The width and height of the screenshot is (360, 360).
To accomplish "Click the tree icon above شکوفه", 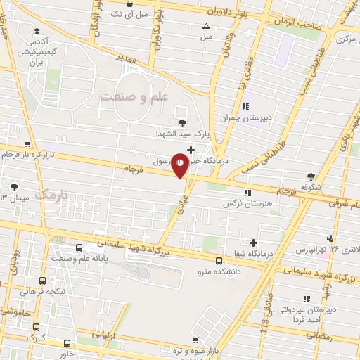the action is (x=311, y=177).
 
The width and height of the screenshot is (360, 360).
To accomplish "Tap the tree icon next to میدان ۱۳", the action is (x=14, y=187).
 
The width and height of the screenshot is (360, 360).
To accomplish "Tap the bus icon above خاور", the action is (x=67, y=343).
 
